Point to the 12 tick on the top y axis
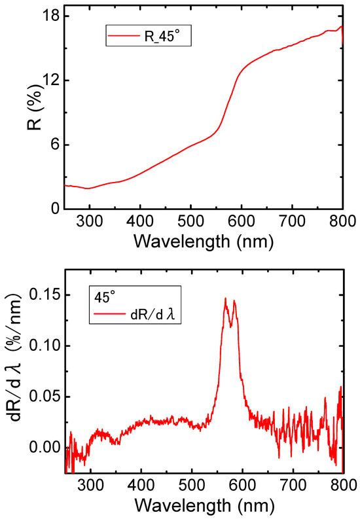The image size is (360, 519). pos(51,80)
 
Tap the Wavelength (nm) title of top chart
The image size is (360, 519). pos(204,241)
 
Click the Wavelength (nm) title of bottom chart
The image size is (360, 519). pos(204,505)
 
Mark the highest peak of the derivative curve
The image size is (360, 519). pos(225,298)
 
